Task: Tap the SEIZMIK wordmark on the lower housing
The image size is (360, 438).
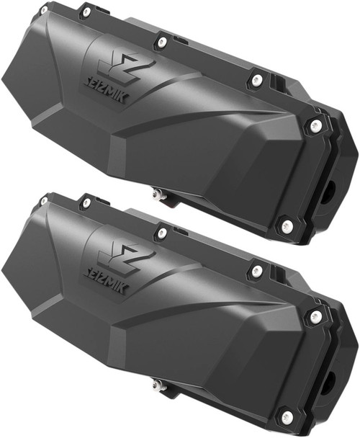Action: coord(104,282)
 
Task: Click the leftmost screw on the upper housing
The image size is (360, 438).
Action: coord(44,10)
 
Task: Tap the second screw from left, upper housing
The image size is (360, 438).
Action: coord(86,12)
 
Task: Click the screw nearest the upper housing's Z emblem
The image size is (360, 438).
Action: coord(162,43)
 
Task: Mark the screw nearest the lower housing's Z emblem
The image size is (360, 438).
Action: coord(162,232)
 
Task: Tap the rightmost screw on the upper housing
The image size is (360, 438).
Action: coord(315,126)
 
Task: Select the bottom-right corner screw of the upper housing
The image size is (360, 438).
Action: coord(286,225)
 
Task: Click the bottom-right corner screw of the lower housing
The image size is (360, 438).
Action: coord(286,416)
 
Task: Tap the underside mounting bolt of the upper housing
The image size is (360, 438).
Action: coord(156,193)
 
